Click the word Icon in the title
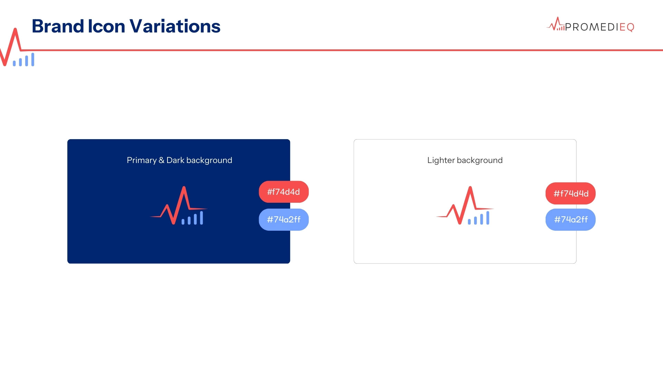[106, 26]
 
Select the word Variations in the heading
[175, 26]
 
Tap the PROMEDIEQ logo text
[599, 27]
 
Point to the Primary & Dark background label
[179, 160]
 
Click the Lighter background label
[465, 160]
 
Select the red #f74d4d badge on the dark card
[284, 192]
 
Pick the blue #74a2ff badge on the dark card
[284, 220]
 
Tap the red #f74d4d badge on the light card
[570, 193]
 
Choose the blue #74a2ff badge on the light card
[570, 220]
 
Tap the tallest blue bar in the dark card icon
[201, 218]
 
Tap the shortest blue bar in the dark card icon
[183, 222]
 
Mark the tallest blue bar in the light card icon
[488, 218]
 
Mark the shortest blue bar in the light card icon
[469, 222]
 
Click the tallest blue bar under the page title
[33, 59]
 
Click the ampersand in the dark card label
[161, 160]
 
